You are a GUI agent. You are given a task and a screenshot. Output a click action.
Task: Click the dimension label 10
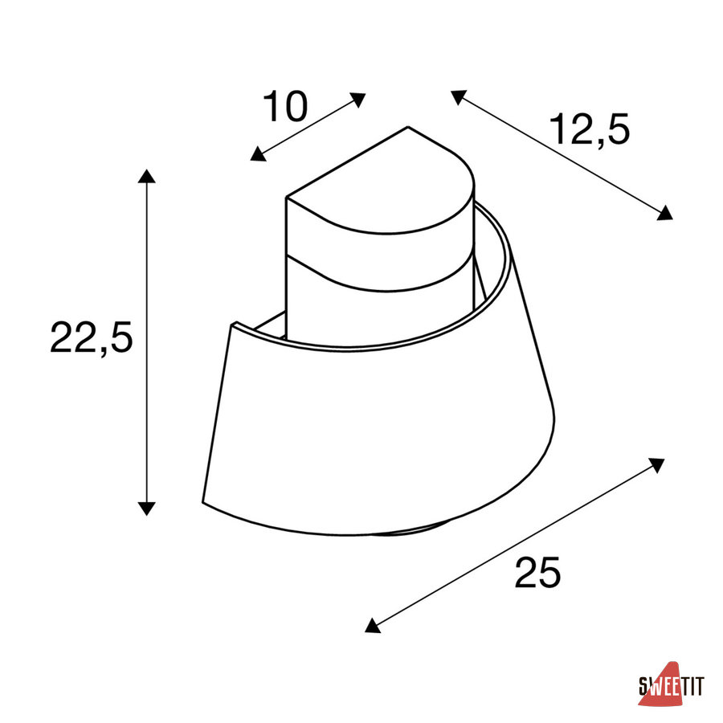point(285,106)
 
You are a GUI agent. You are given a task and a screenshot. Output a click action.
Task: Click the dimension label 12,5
point(590,130)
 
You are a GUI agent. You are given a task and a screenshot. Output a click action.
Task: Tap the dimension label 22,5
point(92,337)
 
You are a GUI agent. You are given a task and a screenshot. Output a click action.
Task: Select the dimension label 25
point(537,572)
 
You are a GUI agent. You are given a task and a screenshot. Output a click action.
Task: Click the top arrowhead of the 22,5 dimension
point(147,176)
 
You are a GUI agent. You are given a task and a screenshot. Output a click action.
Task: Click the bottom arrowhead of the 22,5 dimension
point(147,509)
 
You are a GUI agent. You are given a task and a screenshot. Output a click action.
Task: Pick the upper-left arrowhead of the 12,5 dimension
point(458,96)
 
